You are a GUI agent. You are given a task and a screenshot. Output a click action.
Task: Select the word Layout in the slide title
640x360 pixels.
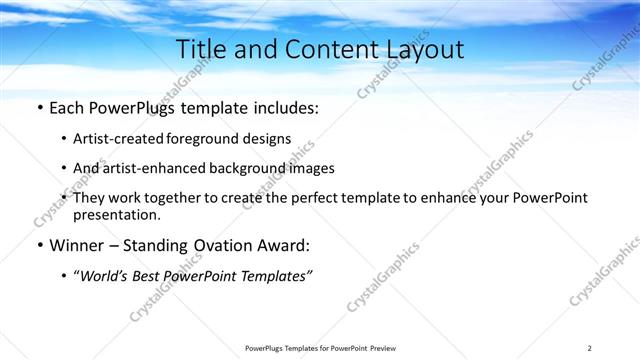(x=425, y=49)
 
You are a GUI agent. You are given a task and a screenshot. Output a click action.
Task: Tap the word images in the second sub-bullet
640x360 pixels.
(x=313, y=168)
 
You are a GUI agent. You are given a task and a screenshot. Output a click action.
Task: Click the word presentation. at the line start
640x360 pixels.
(x=116, y=214)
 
